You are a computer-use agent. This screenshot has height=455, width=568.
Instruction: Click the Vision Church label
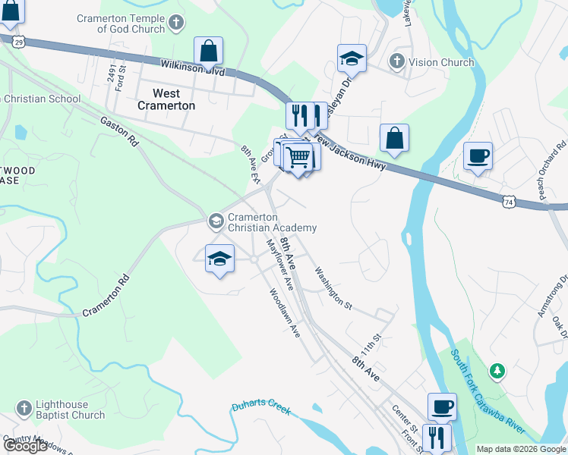[x=441, y=62]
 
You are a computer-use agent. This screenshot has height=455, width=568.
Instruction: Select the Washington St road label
[x=333, y=287]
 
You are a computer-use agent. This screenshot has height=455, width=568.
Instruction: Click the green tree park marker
[x=497, y=371]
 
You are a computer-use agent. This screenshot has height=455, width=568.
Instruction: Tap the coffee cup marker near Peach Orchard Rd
[x=478, y=156]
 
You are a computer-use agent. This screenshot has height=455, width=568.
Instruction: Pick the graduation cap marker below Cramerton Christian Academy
[x=220, y=259]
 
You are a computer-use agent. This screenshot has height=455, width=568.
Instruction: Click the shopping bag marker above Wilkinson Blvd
[x=208, y=52]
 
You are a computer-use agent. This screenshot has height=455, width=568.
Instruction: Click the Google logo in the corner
[x=25, y=446]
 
